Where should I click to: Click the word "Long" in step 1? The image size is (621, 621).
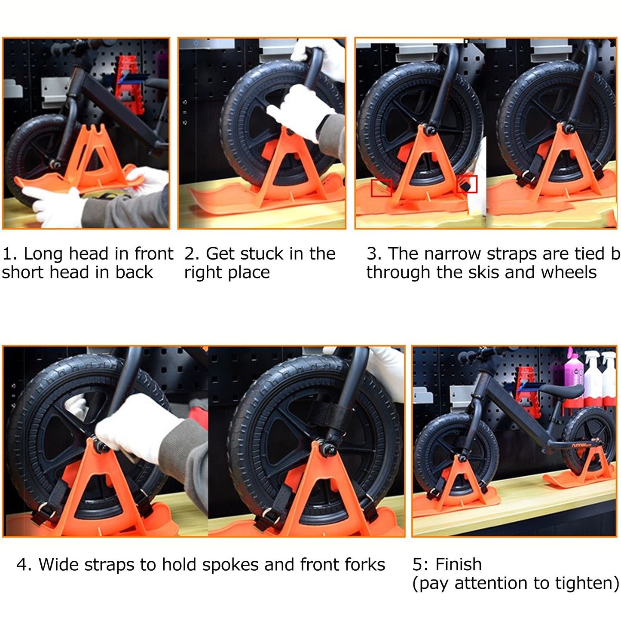(43, 254)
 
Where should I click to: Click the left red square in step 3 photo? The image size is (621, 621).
(381, 188)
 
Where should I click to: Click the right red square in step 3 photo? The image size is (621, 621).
(467, 184)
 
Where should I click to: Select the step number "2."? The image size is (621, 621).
(192, 254)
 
